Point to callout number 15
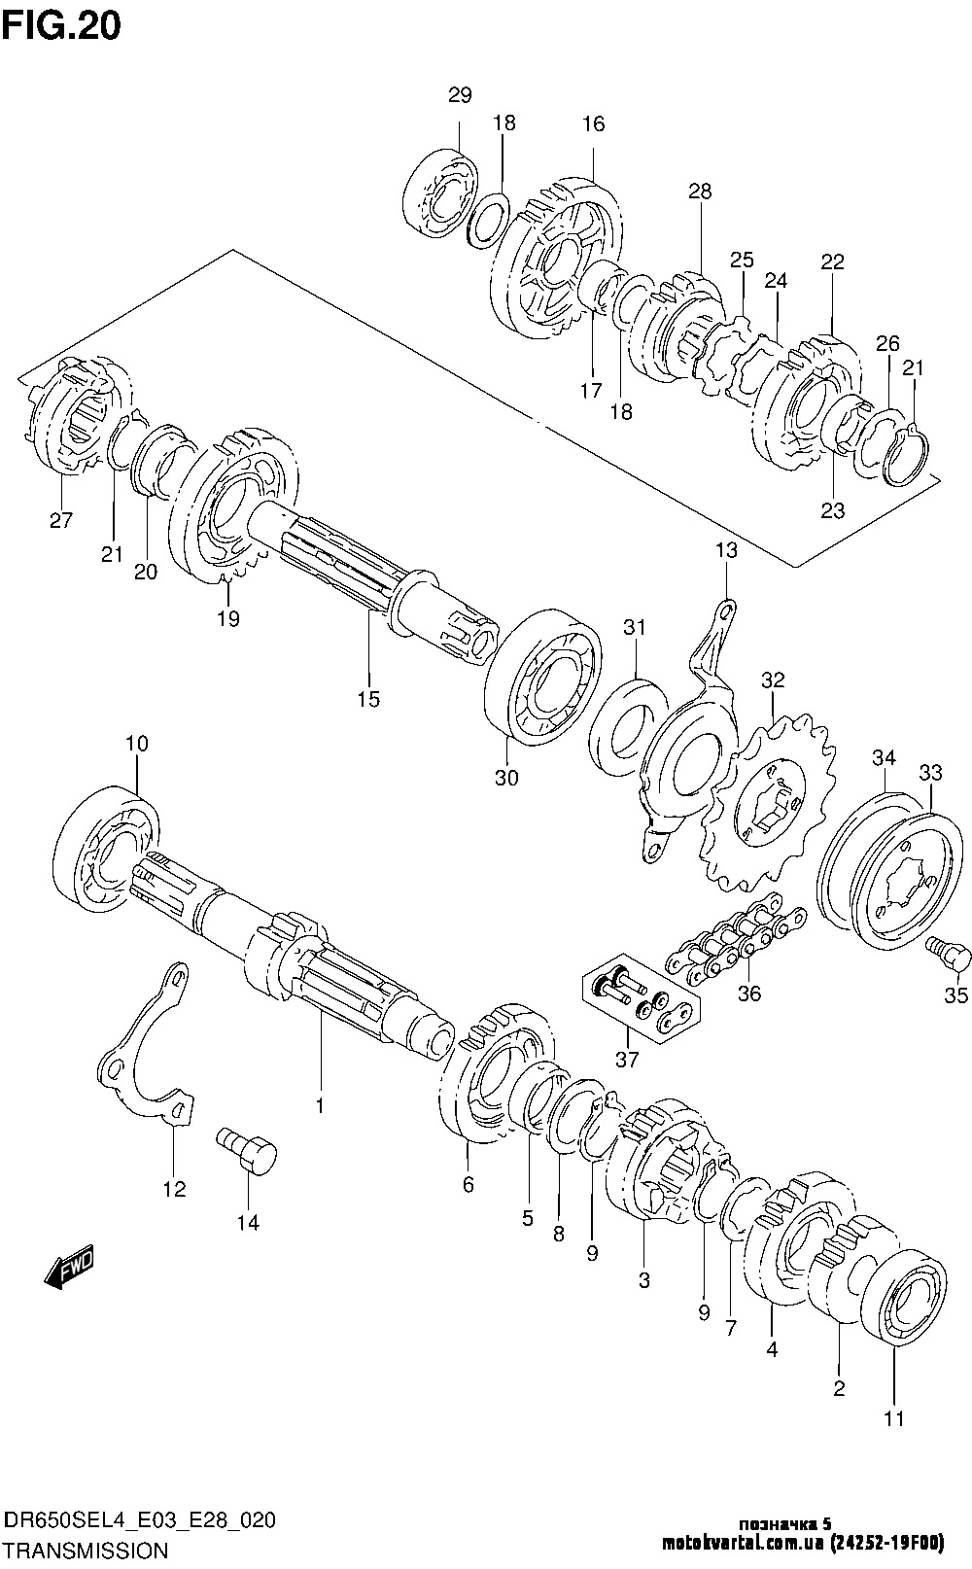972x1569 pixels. click(368, 699)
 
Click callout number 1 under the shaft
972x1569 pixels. click(319, 1104)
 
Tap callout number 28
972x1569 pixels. click(700, 192)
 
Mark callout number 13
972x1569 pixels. click(726, 550)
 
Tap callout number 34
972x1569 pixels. click(884, 756)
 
